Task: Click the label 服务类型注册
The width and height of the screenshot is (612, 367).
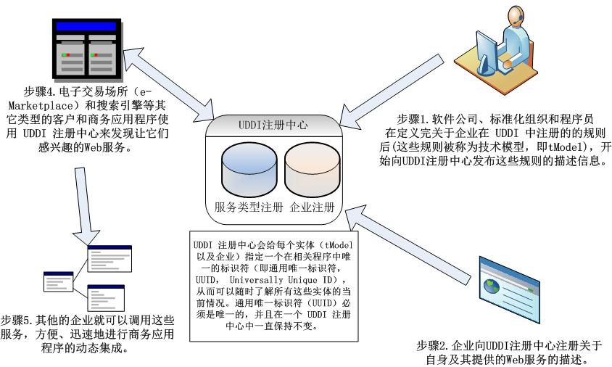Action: tap(244, 207)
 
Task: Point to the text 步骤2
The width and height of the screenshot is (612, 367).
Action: tap(433, 345)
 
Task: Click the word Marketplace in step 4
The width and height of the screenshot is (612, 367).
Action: tap(47, 105)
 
